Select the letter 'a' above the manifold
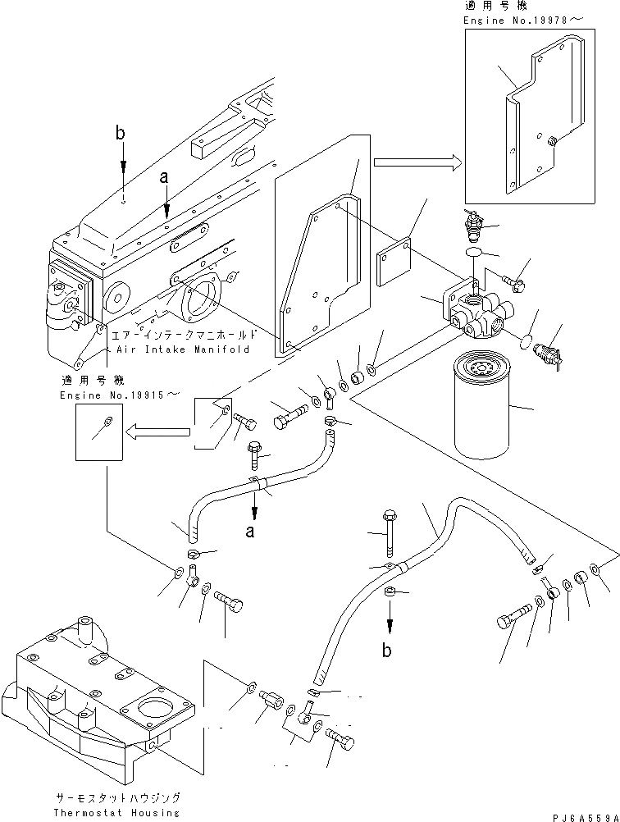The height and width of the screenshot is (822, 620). (165, 176)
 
